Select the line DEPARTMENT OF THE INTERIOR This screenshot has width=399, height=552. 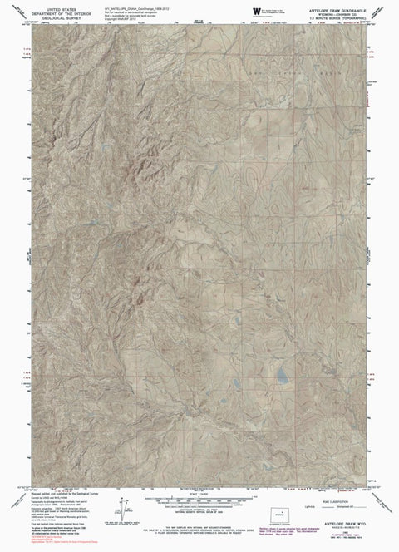pos(59,10)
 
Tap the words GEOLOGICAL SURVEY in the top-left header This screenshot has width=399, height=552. pos(59,14)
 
